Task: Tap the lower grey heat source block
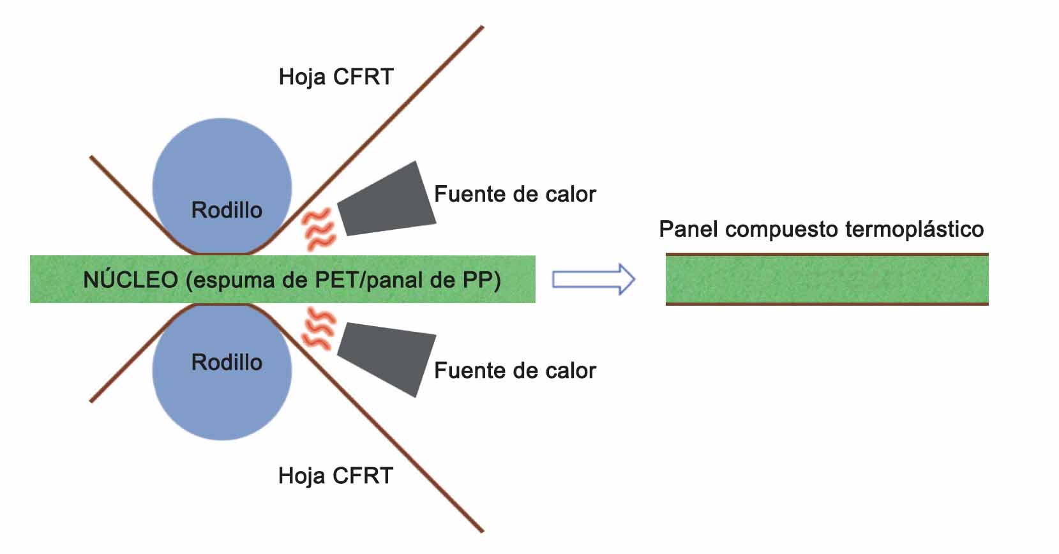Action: pyautogui.click(x=387, y=358)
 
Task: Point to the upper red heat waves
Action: pyautogui.click(x=319, y=229)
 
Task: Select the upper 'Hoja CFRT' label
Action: pyautogui.click(x=336, y=77)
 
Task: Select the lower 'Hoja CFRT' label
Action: pyautogui.click(x=336, y=476)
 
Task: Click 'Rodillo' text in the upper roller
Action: pyautogui.click(x=227, y=210)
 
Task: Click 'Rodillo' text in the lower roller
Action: pyautogui.click(x=227, y=363)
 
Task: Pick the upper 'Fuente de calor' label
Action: pyautogui.click(x=514, y=194)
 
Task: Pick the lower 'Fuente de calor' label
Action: pyautogui.click(x=514, y=371)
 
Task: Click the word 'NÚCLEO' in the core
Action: pyautogui.click(x=130, y=280)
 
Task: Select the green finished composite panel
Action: pyautogui.click(x=827, y=280)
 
